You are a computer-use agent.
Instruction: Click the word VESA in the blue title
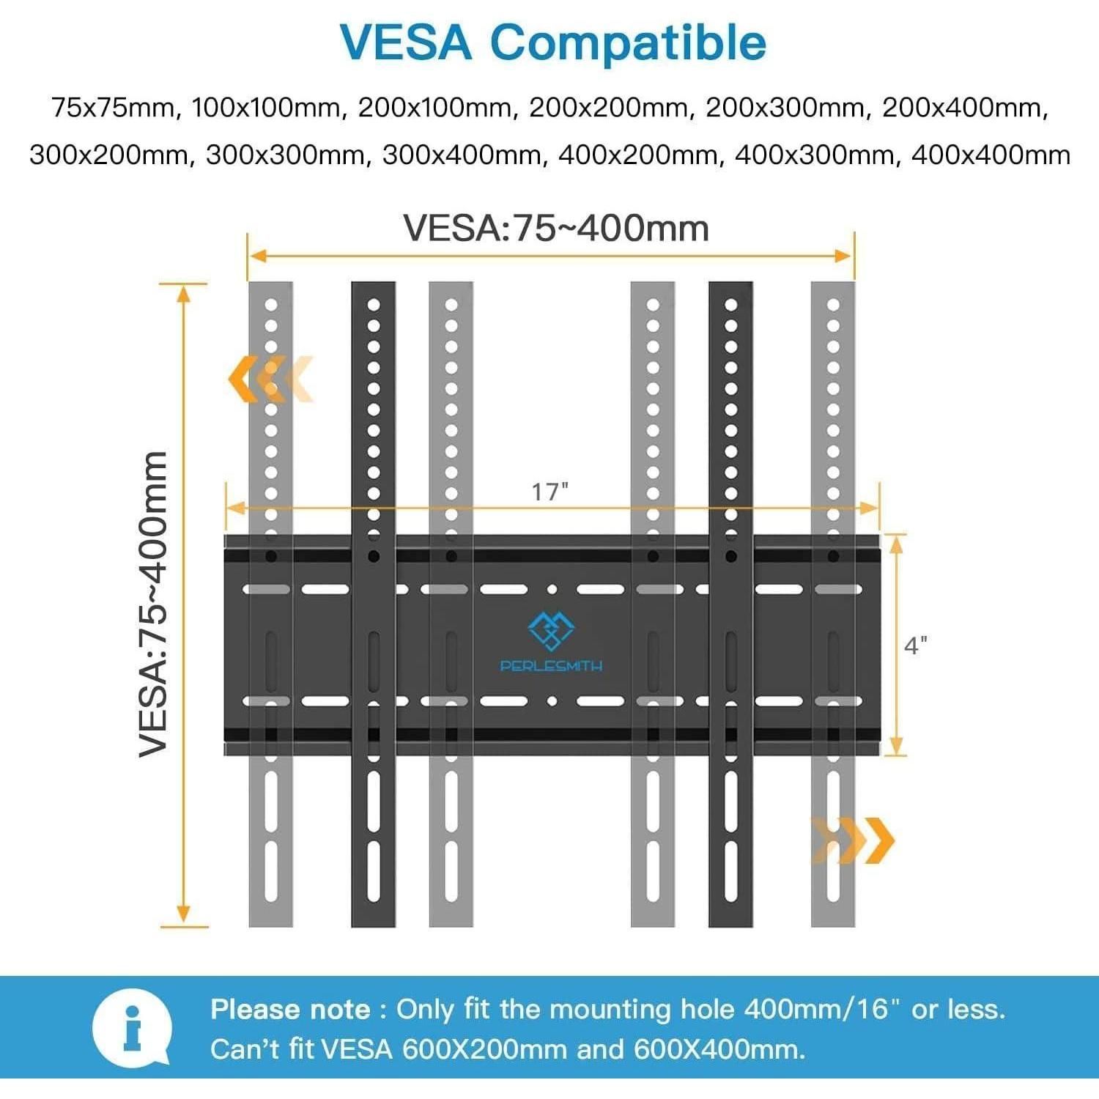(x=406, y=42)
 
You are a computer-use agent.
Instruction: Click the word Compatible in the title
(x=629, y=43)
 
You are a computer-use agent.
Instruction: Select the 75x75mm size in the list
(x=114, y=108)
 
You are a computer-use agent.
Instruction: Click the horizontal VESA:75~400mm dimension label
(x=557, y=228)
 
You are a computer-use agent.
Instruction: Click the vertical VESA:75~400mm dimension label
(x=155, y=604)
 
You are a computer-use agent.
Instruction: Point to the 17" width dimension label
(x=550, y=491)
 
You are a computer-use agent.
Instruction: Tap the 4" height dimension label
(x=916, y=645)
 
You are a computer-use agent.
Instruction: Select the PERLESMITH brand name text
(x=552, y=666)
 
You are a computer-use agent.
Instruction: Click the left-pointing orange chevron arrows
(x=270, y=379)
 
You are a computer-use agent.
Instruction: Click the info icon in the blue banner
(x=132, y=1028)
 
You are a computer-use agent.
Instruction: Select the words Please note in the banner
(x=291, y=1010)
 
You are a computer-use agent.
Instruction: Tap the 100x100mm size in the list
(x=267, y=108)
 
